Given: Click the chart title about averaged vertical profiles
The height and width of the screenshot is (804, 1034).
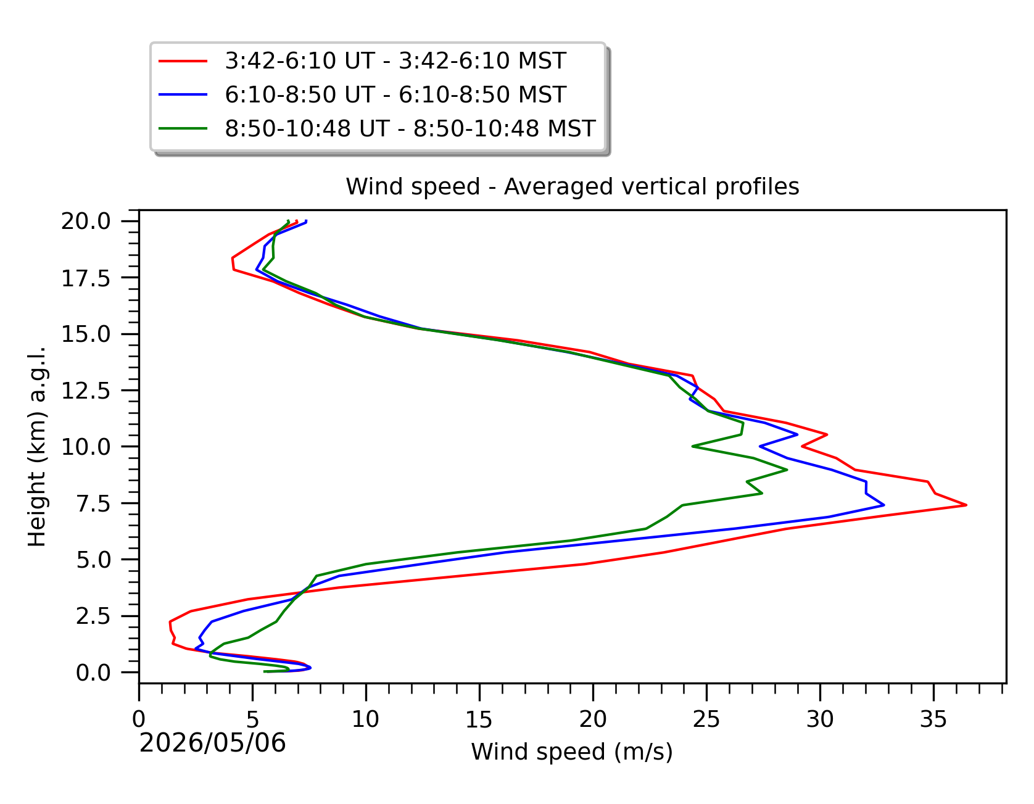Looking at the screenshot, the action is [x=573, y=186].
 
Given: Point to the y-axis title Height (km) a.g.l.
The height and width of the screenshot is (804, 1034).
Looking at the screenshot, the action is [x=37, y=446].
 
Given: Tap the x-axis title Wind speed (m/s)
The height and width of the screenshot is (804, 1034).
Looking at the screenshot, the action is [x=572, y=752].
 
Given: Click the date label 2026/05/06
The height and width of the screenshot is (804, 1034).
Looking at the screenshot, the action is [x=213, y=743].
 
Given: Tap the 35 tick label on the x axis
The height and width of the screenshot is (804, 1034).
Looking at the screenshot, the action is [x=933, y=719].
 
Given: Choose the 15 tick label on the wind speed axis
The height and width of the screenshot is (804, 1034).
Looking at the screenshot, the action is [x=479, y=719].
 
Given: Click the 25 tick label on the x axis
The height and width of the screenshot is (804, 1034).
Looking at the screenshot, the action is [x=706, y=719].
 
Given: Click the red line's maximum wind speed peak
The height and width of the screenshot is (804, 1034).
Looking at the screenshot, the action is [x=966, y=505].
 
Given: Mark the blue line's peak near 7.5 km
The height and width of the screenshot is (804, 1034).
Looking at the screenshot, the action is [x=884, y=505].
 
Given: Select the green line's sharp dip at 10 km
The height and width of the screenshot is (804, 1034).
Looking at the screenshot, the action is [x=693, y=446].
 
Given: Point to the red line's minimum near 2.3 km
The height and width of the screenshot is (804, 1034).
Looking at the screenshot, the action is [x=170, y=622].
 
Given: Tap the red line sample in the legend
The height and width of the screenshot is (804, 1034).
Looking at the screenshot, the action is [x=183, y=61].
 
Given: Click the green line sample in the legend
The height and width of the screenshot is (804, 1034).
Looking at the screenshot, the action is [x=183, y=128].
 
